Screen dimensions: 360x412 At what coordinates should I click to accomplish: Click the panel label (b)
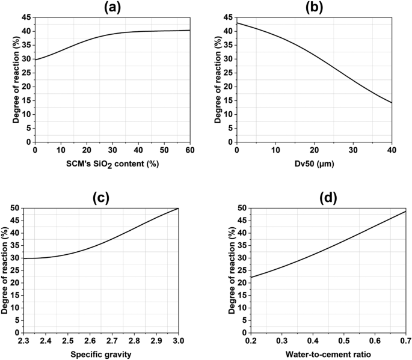click(315, 8)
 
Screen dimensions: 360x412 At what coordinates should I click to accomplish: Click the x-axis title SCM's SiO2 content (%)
click(112, 164)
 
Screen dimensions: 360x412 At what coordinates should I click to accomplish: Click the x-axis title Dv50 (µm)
click(315, 163)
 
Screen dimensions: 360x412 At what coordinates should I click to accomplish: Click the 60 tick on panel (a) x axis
click(190, 150)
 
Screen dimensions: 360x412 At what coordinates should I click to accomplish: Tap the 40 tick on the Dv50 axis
click(392, 150)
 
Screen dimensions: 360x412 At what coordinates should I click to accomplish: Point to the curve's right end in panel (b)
click(392, 103)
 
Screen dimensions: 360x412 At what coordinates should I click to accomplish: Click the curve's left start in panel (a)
click(35, 59)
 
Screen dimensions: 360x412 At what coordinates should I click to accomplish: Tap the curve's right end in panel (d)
click(407, 211)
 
